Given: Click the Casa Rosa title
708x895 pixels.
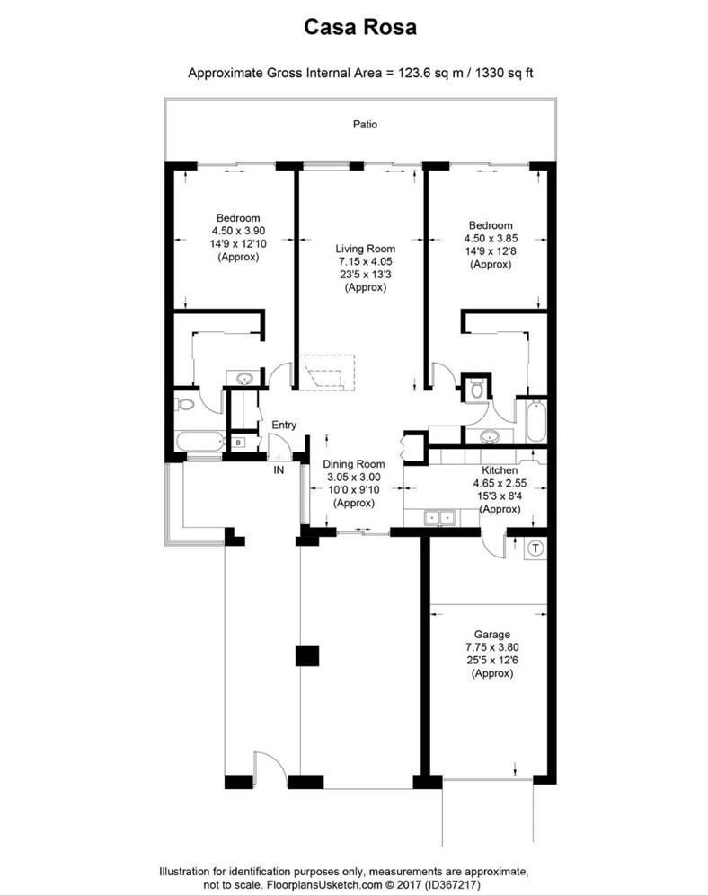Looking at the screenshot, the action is point(360,27).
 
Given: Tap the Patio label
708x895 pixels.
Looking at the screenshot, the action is point(365,125).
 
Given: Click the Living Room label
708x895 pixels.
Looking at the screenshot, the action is point(365,249).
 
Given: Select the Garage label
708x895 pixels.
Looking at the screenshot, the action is point(492,634).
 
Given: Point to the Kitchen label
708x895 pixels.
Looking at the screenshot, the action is point(500,470).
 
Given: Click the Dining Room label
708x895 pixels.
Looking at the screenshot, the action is point(354,464).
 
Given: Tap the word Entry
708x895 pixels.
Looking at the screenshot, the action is point(284,425).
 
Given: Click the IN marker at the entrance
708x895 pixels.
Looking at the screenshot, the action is point(279,470).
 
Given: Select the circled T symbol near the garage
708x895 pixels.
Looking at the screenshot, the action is point(535,548).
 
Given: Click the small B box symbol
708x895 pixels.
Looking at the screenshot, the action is point(239,443).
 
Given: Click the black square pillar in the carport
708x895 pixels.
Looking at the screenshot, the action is point(307,656).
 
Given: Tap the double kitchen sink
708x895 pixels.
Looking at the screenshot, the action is point(439,518).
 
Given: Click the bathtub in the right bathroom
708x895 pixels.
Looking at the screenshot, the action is point(536,422).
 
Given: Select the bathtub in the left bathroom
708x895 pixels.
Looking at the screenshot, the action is point(199,442).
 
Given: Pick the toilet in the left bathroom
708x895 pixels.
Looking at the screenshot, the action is point(184,405).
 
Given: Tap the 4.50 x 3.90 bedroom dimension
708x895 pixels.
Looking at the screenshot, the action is point(238,231).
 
